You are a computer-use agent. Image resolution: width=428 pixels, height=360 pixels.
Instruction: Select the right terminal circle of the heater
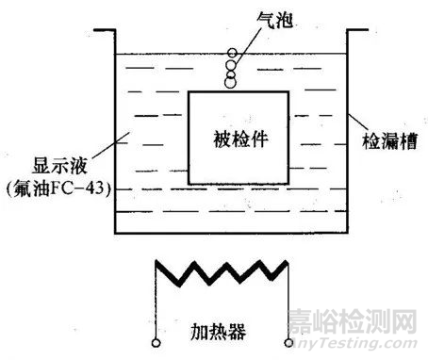288,343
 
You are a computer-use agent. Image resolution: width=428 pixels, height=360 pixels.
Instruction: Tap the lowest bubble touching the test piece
229,85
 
